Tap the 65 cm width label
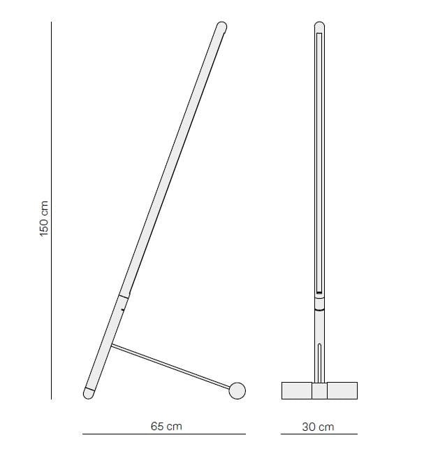pos(166,425)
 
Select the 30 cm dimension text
pos(318,425)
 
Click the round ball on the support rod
pos(238,390)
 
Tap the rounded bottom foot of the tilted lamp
pos(89,392)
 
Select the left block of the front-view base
pos(296,390)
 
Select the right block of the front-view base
pos(343,390)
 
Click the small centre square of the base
pos(319,391)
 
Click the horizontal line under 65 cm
pos(163,434)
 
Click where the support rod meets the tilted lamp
pos(112,346)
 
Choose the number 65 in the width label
pos(157,425)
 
